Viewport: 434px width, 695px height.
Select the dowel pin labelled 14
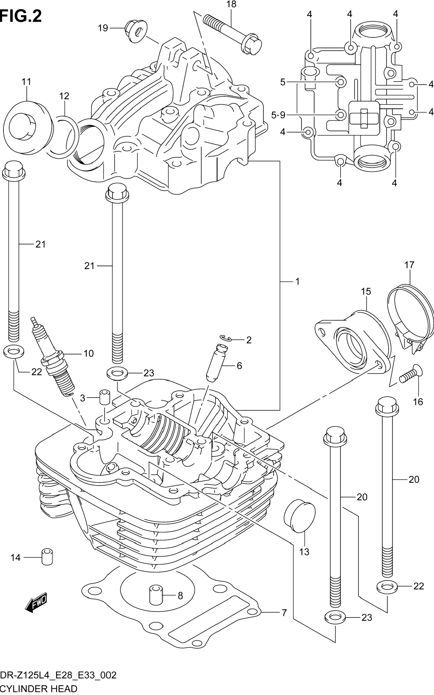point(47,557)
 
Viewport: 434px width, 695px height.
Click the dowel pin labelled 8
point(156,595)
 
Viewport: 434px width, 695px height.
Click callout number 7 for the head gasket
point(284,613)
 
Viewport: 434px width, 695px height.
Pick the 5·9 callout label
point(278,115)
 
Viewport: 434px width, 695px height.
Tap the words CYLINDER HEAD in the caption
point(39,689)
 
